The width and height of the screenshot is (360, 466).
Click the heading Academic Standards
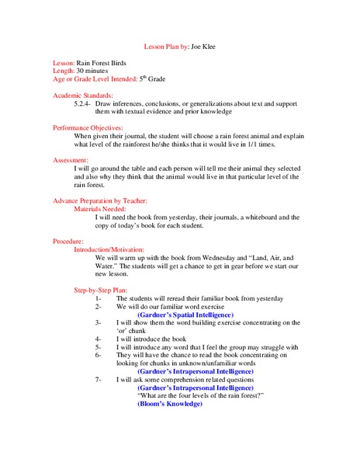[78, 95]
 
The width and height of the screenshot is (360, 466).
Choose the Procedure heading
[68, 242]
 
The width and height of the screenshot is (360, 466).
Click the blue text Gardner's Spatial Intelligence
[183, 314]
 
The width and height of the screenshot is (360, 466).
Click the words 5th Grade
[152, 78]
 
